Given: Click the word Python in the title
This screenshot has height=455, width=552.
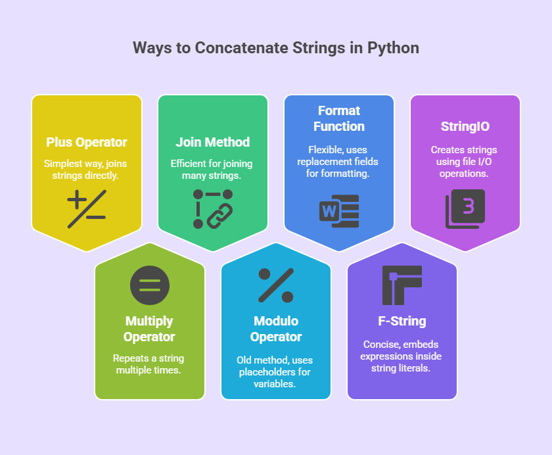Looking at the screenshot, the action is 393,48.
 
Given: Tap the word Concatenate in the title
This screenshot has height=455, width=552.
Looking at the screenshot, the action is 242,48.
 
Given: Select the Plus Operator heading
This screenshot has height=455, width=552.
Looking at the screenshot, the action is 87,142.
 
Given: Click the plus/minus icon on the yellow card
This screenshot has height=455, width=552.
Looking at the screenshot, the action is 87,209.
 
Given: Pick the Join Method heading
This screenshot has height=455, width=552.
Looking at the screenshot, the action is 213,142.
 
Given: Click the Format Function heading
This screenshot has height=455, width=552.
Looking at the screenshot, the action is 339,118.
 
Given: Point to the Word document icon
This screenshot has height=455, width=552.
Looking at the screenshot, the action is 339,211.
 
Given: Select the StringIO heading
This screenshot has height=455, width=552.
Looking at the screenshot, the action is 465,126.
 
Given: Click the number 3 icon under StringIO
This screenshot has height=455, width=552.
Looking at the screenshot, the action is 465,209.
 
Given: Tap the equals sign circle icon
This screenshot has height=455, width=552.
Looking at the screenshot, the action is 150,285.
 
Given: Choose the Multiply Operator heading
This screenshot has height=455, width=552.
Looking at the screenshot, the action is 149,329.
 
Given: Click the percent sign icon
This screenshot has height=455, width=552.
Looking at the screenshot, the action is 276,285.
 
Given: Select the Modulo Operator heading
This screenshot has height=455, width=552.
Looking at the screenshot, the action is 276,329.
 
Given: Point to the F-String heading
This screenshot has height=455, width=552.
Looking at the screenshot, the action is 402,321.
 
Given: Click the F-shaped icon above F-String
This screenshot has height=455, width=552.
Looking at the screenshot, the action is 402,285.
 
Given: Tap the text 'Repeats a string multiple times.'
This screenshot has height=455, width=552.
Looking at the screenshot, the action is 149,364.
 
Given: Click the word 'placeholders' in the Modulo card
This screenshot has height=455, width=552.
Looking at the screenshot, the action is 265,372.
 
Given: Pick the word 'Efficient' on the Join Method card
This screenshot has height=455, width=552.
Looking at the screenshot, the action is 189,164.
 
